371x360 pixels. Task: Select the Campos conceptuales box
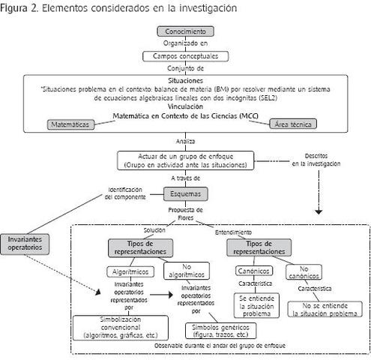pyautogui.click(x=185, y=56)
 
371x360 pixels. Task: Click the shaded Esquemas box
pyautogui.click(x=185, y=193)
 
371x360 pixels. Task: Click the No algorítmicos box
pyautogui.click(x=185, y=271)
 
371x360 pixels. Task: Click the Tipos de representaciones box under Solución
pyautogui.click(x=142, y=247)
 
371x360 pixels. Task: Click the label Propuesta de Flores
pyautogui.click(x=185, y=214)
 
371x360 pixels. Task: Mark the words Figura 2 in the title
pyautogui.click(x=22, y=7)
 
